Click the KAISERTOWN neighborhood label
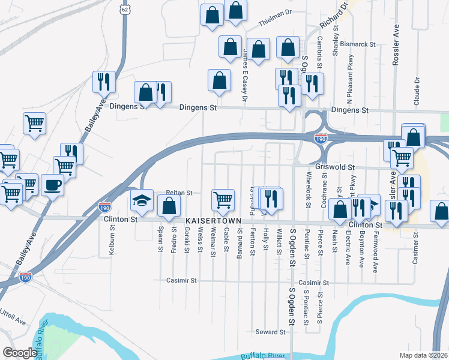pos(212,221)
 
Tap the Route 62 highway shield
pos(124,10)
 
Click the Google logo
pos(19,353)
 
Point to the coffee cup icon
pos(52,184)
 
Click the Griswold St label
pos(335,167)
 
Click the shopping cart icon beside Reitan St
pos(223,199)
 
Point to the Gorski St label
pos(187,239)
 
